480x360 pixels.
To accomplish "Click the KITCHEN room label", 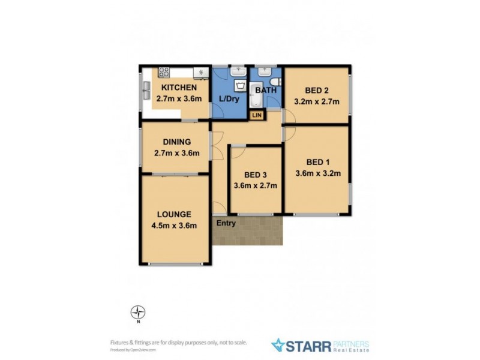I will (178, 88).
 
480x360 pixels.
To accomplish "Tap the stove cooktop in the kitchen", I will (164, 73).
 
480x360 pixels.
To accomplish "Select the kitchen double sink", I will (146, 91).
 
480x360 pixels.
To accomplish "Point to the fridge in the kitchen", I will (201, 73).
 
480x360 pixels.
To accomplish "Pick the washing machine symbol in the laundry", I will (240, 85).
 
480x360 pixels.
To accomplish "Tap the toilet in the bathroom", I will (273, 82).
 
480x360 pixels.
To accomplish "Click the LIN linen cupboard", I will (257, 115).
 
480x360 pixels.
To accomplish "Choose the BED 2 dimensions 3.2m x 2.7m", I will (317, 101).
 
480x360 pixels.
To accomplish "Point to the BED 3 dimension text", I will (256, 185).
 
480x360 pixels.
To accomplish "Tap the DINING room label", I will (177, 142).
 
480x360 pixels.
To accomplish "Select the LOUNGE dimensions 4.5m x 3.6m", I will (174, 226).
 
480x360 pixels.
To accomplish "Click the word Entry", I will (226, 224).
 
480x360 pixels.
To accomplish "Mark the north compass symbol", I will (139, 313).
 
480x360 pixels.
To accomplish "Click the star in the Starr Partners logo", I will (278, 345).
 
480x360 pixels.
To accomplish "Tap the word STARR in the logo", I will (309, 345).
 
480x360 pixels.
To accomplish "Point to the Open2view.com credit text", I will (133, 349).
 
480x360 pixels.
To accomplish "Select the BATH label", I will (266, 91).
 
